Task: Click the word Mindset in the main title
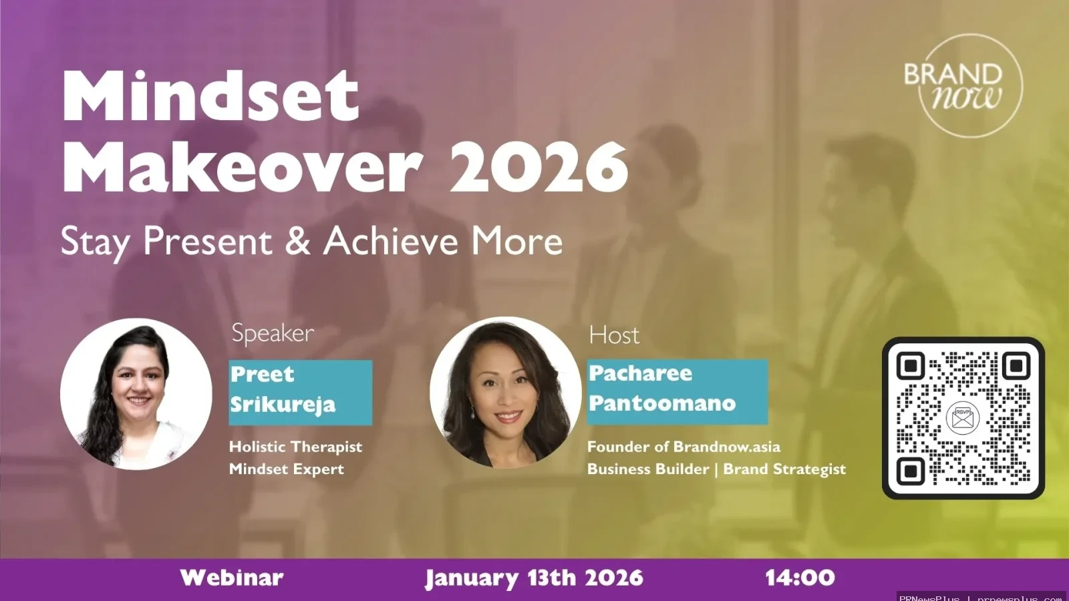(210, 97)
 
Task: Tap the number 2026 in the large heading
(539, 167)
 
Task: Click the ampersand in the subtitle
(297, 241)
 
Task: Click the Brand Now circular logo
(970, 86)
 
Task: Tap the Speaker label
(273, 333)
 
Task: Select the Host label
(613, 335)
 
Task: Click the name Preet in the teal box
(262, 374)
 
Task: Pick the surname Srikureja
(283, 405)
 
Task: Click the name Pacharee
(640, 373)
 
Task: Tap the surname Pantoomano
(661, 403)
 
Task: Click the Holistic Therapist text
(295, 447)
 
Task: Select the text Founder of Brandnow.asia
(683, 447)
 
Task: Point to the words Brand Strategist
(784, 469)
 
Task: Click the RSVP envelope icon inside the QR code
(963, 418)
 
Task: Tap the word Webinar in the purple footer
(232, 578)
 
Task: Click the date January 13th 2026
(534, 578)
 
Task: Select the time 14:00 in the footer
(800, 578)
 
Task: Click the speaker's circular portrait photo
(136, 394)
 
